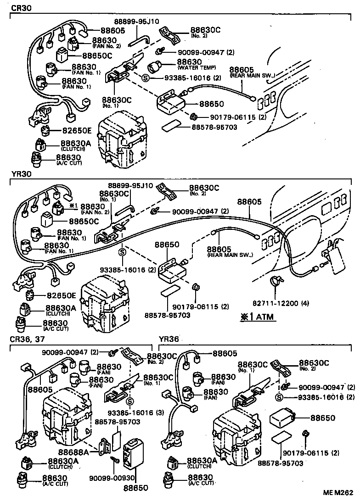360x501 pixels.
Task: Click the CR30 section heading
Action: [22, 8]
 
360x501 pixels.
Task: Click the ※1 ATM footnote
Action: [257, 317]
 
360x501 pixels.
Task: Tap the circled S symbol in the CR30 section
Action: [146, 78]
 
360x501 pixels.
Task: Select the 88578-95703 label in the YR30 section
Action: [167, 315]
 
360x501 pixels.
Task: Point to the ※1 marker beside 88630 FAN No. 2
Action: [73, 206]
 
